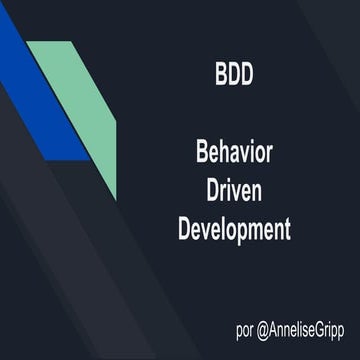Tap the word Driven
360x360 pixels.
pos(233,193)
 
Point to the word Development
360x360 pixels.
pos(233,230)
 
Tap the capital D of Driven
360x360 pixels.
pos(209,193)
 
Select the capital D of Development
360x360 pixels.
pos(184,230)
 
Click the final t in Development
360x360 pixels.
pos(286,231)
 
